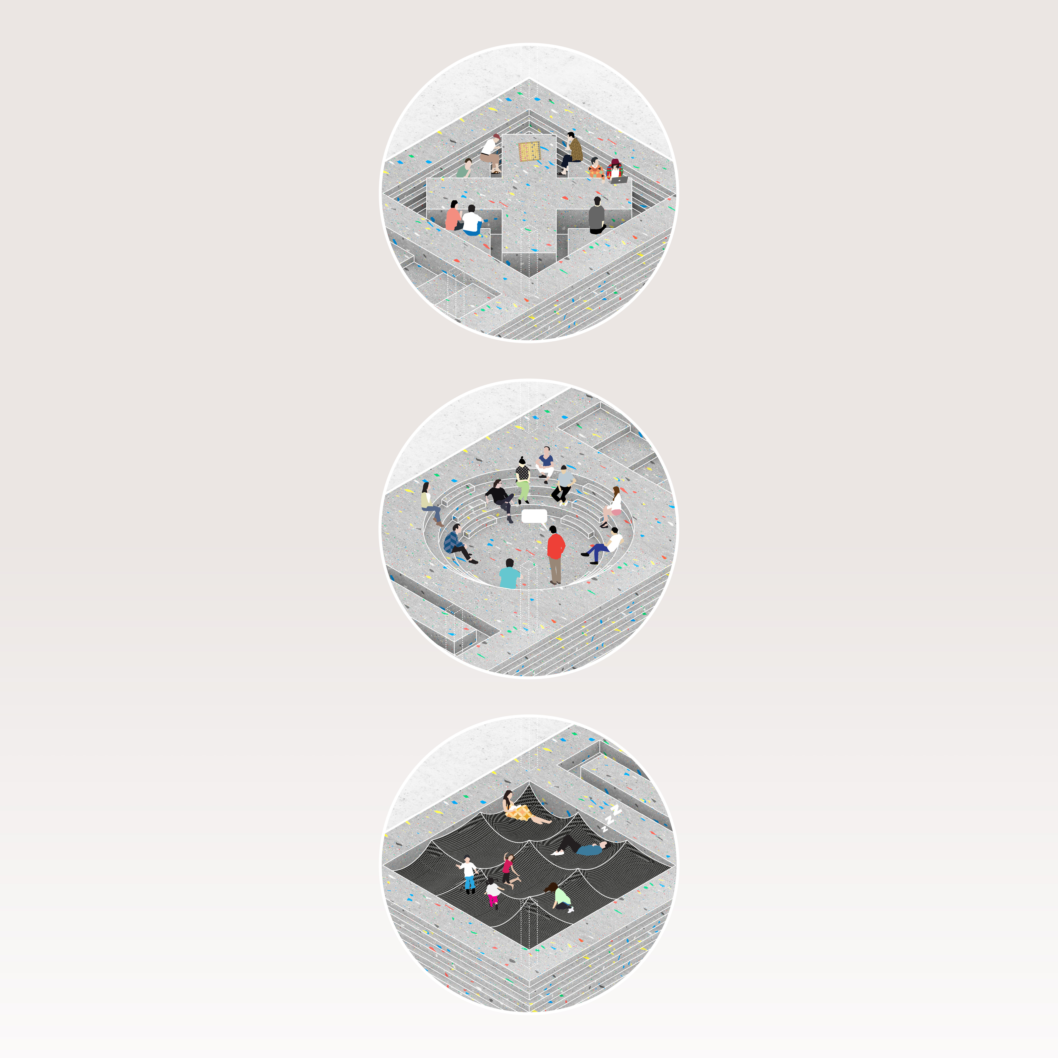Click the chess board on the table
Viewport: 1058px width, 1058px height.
coord(529,151)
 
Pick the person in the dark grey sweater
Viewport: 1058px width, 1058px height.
coord(597,215)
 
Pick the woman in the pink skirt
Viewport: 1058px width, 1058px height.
coord(612,507)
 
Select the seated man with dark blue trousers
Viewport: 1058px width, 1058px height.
coord(602,545)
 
